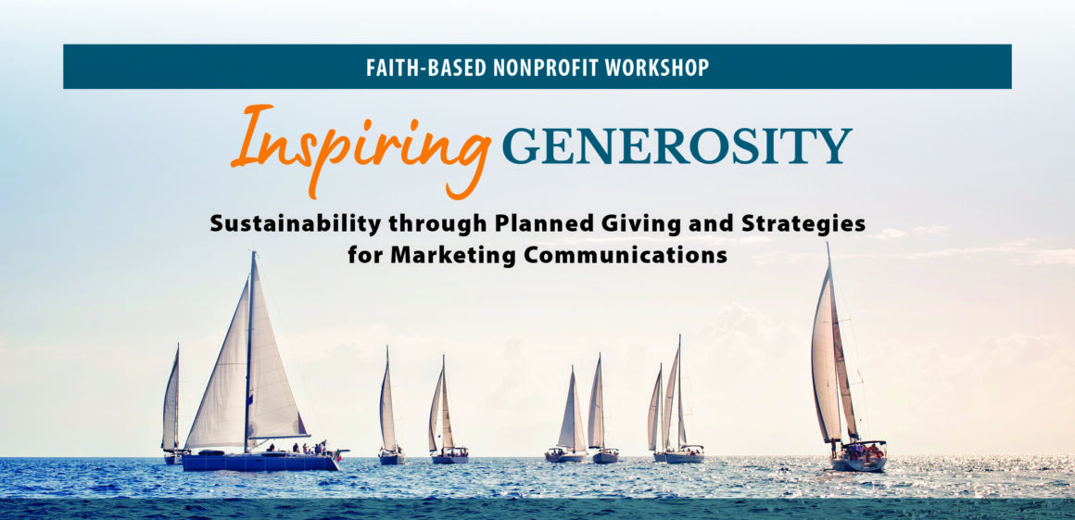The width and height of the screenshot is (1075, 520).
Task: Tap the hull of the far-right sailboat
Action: (860, 463)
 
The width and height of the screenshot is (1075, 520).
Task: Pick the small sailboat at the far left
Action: (171, 405)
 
